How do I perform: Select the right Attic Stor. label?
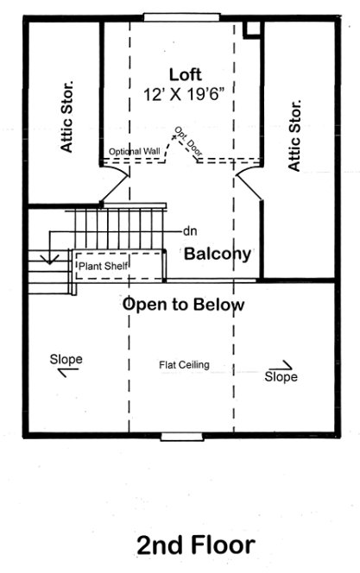pyautogui.click(x=294, y=135)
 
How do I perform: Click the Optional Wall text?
pyautogui.click(x=135, y=152)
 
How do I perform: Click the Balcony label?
pyautogui.click(x=218, y=254)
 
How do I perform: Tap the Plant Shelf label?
pyautogui.click(x=104, y=267)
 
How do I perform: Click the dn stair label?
pyautogui.click(x=191, y=231)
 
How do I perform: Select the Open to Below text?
pyautogui.click(x=183, y=305)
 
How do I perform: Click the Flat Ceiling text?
pyautogui.click(x=184, y=364)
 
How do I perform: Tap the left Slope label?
pyautogui.click(x=66, y=358)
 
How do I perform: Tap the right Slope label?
pyautogui.click(x=281, y=377)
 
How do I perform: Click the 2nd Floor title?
pyautogui.click(x=195, y=545)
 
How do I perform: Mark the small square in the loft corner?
pyautogui.click(x=251, y=28)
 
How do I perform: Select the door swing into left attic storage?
pyautogui.click(x=117, y=183)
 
